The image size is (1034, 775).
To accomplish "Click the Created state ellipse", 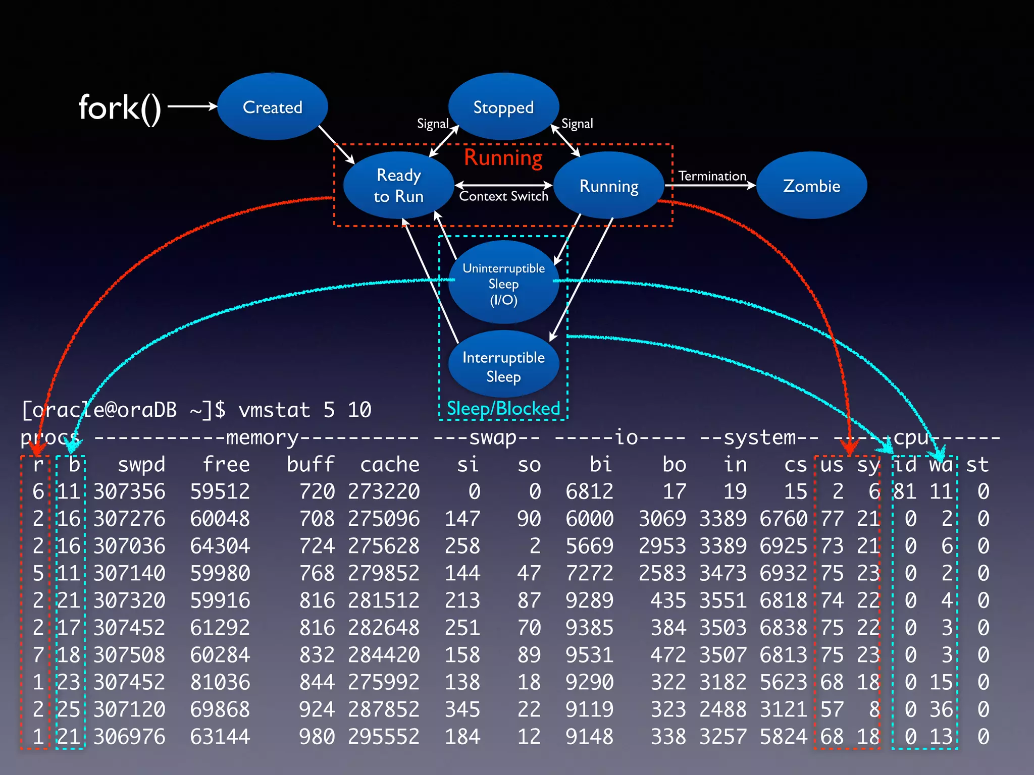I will (273, 106).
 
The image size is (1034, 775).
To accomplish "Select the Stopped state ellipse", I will (503, 107).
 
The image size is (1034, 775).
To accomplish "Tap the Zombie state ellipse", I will (811, 186).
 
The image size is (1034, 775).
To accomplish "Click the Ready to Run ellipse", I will (398, 185).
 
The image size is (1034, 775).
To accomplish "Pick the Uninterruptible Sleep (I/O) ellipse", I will (503, 283).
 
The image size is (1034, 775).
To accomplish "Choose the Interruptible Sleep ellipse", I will (503, 366).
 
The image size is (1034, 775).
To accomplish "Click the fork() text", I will (120, 107).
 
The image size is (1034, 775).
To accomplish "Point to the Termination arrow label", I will (712, 176).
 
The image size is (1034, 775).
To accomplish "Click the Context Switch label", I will (503, 196).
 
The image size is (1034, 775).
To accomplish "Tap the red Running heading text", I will (503, 157).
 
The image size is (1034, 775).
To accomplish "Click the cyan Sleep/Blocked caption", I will (503, 408).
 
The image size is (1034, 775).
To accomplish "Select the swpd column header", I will (141, 464).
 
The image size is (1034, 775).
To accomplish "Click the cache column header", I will (389, 464).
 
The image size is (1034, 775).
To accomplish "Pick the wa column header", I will (941, 464).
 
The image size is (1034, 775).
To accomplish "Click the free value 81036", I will (220, 682).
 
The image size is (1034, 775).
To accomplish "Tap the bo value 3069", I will (662, 519).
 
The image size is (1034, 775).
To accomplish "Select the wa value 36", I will (941, 709).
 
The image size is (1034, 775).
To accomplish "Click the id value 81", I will (905, 491).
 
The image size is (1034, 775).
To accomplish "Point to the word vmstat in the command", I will (274, 410).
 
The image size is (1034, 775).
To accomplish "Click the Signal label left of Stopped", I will (432, 124).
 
